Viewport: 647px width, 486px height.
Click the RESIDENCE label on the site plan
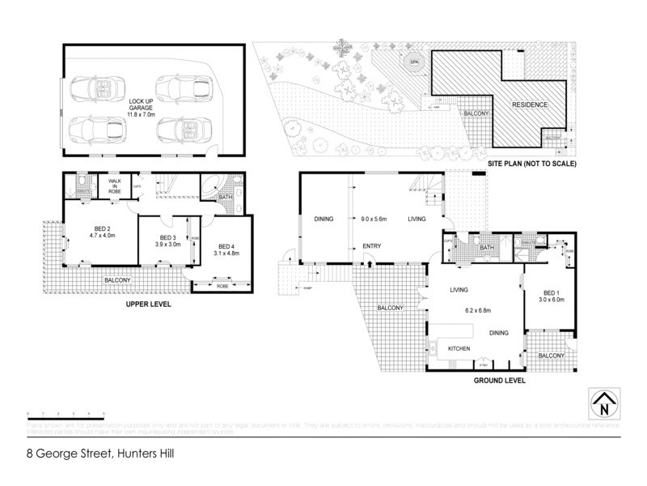[x=529, y=104]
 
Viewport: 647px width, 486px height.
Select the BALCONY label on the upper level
[x=119, y=280]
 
